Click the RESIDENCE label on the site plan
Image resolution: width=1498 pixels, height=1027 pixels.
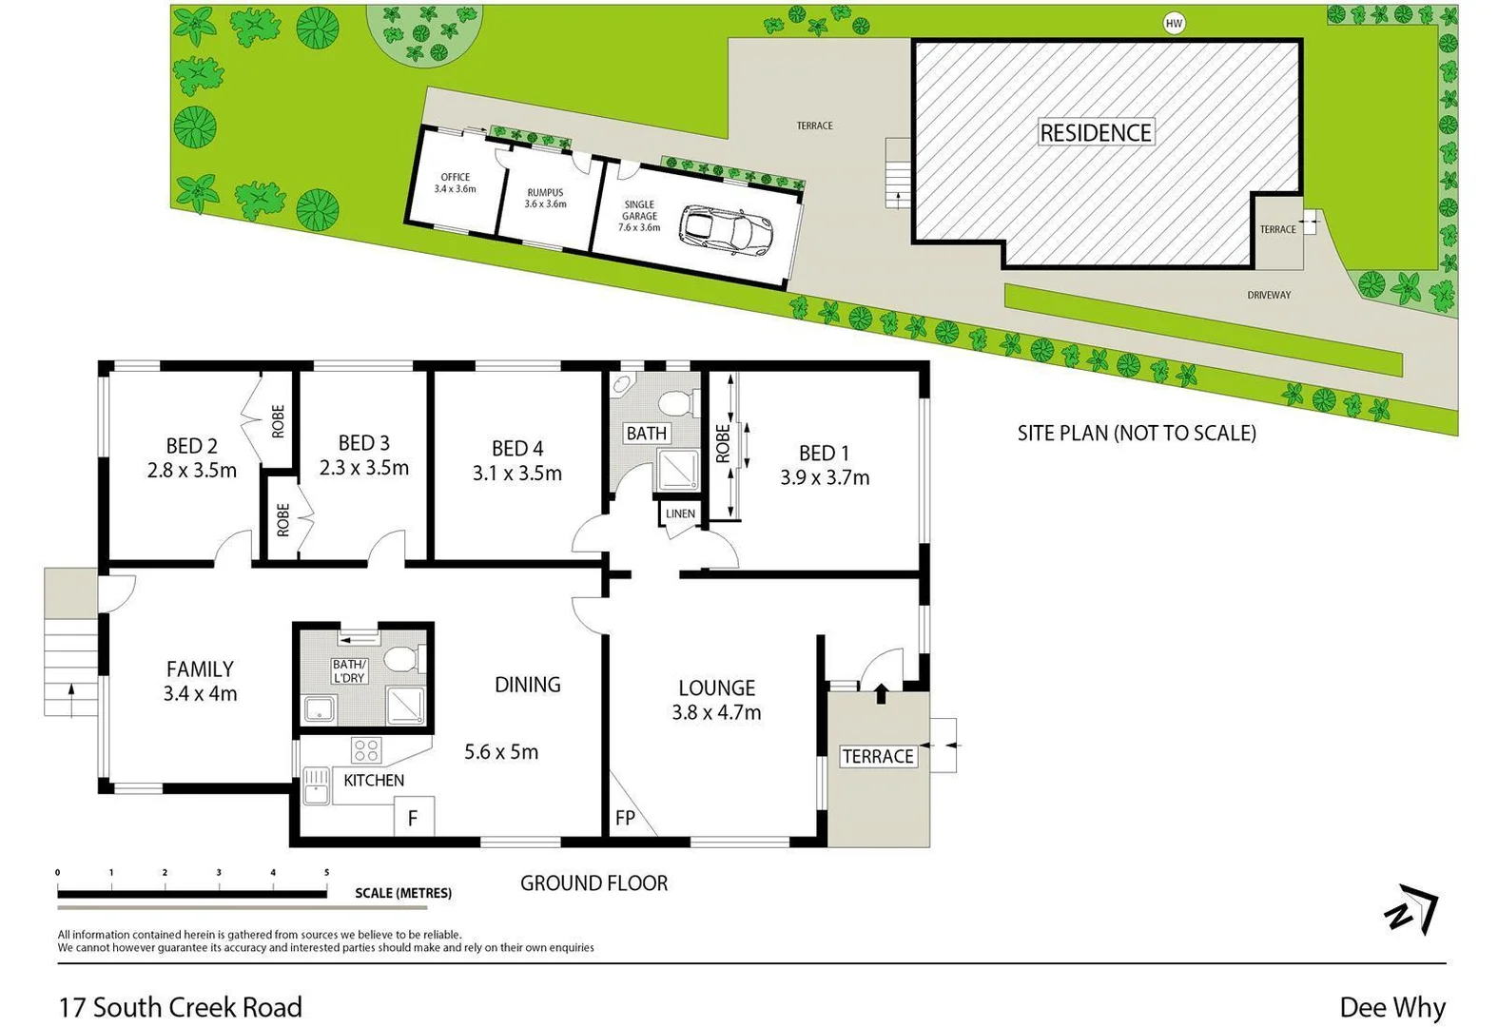1096,132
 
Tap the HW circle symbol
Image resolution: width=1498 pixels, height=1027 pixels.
1174,24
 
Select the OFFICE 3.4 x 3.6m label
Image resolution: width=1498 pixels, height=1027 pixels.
455,183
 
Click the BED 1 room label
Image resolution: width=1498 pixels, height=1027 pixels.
824,454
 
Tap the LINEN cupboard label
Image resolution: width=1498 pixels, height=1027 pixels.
680,513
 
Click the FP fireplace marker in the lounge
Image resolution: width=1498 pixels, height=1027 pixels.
625,818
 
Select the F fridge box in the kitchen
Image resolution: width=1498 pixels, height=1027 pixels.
414,817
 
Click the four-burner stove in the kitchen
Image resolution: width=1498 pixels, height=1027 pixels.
366,750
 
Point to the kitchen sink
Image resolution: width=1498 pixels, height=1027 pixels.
316,786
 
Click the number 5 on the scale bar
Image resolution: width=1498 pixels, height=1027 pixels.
326,872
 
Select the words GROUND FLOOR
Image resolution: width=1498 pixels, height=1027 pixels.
593,883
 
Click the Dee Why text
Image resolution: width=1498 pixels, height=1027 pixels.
1391,1007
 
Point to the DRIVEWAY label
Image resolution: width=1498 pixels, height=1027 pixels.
1269,295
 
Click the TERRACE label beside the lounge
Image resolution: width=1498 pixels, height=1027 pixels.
878,756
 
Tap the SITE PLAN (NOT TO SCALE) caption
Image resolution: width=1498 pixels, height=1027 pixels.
1137,434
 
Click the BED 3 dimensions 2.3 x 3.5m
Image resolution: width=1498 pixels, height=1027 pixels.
364,468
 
